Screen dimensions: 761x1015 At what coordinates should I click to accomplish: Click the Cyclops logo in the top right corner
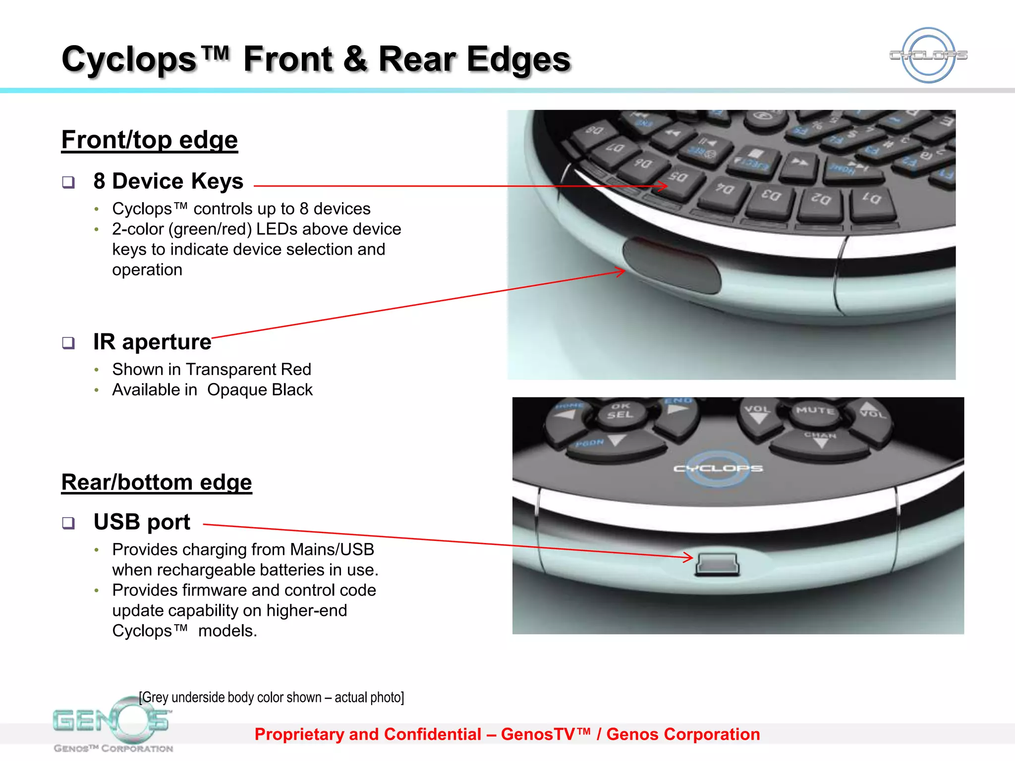928,55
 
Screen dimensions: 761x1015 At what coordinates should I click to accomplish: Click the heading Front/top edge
150,140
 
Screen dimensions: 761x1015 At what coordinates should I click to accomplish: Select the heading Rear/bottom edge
157,482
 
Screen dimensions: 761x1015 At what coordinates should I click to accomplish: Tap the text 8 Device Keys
168,181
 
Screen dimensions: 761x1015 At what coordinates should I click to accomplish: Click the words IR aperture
152,342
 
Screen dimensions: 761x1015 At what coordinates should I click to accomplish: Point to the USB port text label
142,522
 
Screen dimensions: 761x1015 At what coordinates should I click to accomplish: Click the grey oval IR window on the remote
671,265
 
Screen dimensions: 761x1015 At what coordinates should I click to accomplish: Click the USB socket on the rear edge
717,564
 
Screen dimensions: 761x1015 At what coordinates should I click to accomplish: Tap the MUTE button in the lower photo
815,411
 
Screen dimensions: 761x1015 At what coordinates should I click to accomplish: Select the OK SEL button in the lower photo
620,411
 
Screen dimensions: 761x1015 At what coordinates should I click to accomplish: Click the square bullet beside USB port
68,523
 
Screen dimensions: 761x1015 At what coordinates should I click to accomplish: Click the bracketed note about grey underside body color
271,698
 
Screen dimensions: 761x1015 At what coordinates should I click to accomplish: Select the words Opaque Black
260,390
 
